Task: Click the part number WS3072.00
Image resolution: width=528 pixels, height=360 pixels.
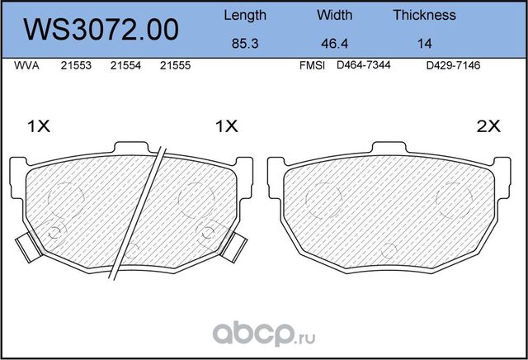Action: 101,30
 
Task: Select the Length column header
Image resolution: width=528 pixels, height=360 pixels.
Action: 245,16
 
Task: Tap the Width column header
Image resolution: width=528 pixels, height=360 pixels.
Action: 334,15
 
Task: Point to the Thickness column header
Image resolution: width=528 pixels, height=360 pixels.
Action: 424,15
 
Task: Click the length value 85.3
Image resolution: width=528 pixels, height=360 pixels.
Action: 245,44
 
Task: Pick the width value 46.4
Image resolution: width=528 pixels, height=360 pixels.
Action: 334,44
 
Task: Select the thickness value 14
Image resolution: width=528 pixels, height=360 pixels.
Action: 424,44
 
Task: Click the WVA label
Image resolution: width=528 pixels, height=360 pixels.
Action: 26,65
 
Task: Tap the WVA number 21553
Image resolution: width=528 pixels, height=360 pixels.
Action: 76,65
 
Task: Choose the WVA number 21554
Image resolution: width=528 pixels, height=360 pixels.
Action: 125,65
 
